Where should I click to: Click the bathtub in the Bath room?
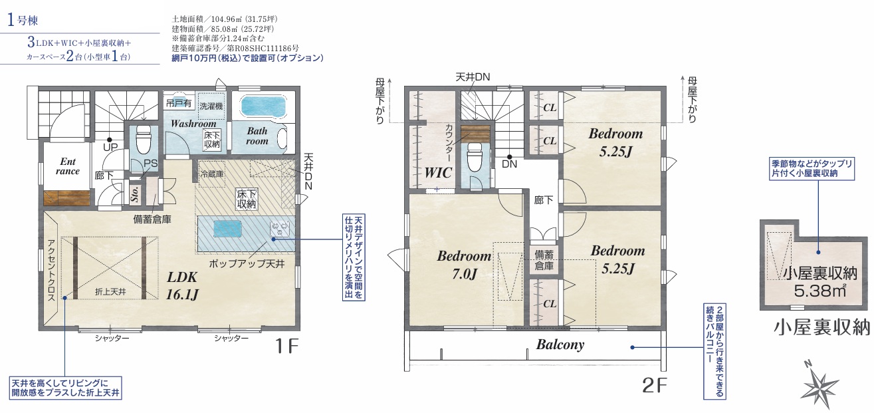(263, 106)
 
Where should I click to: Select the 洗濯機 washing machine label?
(211, 106)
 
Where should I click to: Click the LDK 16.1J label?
(182, 285)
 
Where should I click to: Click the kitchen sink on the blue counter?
(227, 227)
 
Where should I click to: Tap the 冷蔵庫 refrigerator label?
(211, 174)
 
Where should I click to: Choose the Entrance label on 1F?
(68, 166)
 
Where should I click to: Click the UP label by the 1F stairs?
(110, 148)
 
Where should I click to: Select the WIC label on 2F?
(438, 172)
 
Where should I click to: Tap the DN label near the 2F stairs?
(509, 164)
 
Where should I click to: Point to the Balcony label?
(560, 344)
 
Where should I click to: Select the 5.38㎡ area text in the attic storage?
(820, 291)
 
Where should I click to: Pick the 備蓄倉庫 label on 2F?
(544, 260)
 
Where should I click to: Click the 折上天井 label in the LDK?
(110, 291)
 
